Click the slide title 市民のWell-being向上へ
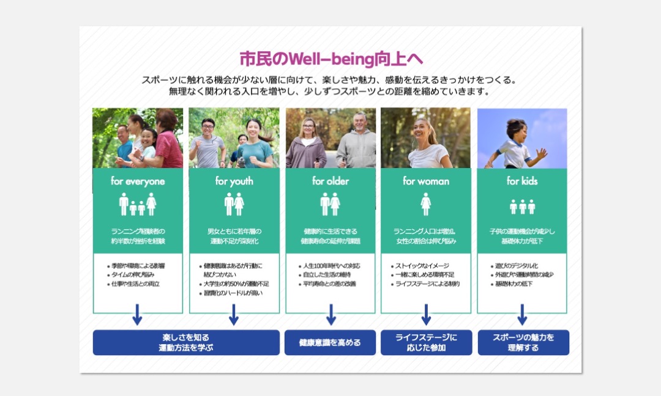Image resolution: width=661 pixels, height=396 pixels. pos(330,59)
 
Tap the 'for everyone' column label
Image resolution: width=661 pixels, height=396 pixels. pos(138,182)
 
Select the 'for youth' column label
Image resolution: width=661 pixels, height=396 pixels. pos(234,182)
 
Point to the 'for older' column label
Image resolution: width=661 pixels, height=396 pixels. pos(330,182)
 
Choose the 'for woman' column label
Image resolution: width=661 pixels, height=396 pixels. pos(426,182)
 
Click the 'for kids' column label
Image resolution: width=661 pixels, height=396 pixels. pos(522,182)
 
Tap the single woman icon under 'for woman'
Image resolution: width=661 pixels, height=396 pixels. pos(426,204)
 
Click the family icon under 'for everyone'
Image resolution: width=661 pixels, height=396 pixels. pos(138,205)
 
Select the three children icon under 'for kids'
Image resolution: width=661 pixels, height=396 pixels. pos(522,207)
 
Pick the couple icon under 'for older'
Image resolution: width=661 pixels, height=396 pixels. pos(330,204)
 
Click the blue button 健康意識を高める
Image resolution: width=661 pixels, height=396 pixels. pos(330,343)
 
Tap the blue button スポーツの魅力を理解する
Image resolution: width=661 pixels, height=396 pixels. pos(523,343)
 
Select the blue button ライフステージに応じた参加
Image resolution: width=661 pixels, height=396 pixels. pos(426,343)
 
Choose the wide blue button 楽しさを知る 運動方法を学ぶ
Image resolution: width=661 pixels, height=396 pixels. pos(186,343)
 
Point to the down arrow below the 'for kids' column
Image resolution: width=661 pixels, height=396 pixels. pos(522,315)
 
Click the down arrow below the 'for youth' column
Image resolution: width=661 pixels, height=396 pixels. pos(233,315)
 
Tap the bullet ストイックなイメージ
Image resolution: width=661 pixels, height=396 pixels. pos(422,266)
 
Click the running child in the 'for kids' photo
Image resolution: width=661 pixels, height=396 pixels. pos(514,144)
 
